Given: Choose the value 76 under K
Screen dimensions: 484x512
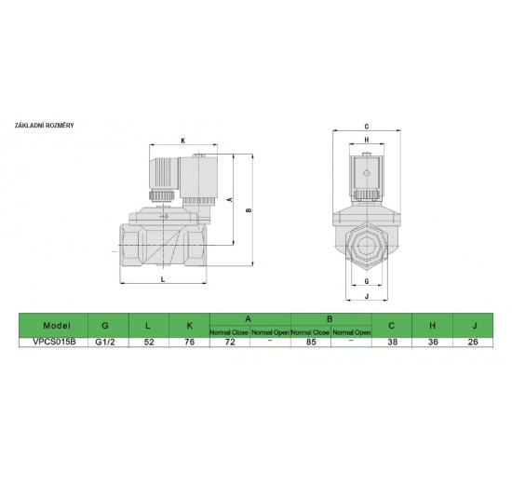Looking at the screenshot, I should click(x=189, y=342).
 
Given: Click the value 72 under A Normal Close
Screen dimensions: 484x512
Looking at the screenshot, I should click(x=229, y=342).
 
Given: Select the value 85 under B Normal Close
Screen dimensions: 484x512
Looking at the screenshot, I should click(x=312, y=342).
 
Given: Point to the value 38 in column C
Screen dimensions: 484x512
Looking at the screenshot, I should click(x=392, y=342).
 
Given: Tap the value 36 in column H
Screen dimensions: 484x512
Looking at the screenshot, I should click(x=434, y=342).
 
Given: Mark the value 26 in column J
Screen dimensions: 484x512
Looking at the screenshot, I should click(x=476, y=342).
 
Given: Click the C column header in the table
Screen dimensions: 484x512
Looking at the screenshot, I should click(x=392, y=326).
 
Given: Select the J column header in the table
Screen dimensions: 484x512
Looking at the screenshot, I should click(x=476, y=326).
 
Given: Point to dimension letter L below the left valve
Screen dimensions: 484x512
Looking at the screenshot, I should click(x=163, y=278).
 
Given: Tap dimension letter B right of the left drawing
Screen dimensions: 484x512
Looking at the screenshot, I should click(x=248, y=211).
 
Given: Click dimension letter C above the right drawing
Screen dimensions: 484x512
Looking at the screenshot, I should click(x=368, y=126).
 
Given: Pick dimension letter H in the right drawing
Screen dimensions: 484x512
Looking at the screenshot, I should click(x=367, y=141).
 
